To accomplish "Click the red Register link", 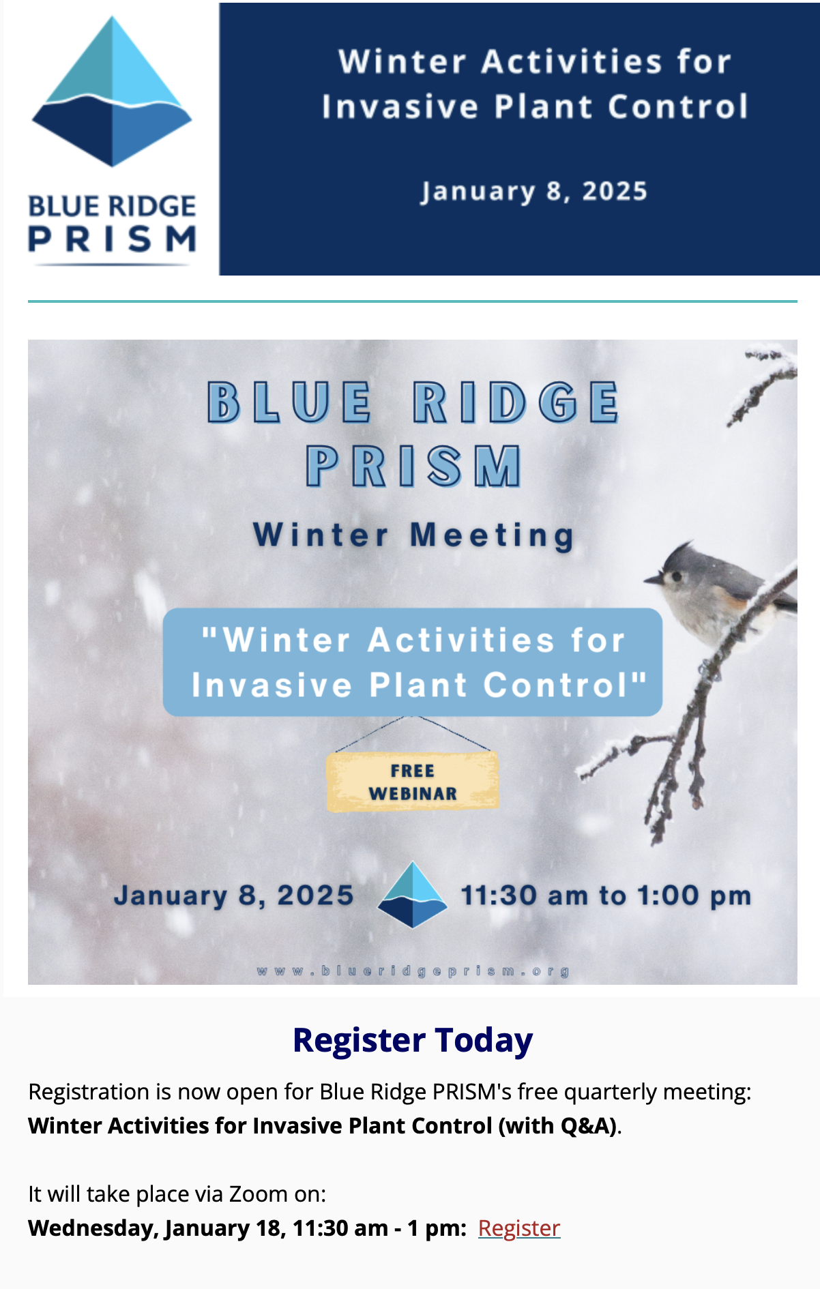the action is (x=519, y=1228).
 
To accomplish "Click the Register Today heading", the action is (x=413, y=1041).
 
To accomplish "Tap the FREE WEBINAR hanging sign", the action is (x=413, y=782).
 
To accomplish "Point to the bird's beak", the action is (x=652, y=580).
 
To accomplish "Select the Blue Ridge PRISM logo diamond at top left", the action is (x=112, y=91).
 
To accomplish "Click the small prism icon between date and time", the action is (x=413, y=895).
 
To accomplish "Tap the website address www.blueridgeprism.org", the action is (x=413, y=971).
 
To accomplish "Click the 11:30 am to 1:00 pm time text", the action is (x=606, y=895).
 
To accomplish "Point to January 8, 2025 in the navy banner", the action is (x=533, y=192).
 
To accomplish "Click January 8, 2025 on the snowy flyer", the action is (x=234, y=895).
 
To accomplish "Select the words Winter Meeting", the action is (x=413, y=535).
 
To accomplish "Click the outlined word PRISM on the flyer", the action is (x=413, y=466).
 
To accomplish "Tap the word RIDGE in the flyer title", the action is (x=516, y=402).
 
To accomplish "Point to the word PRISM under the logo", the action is (x=113, y=239).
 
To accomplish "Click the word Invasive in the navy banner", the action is (x=400, y=107).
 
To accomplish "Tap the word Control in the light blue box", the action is (x=565, y=685).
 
